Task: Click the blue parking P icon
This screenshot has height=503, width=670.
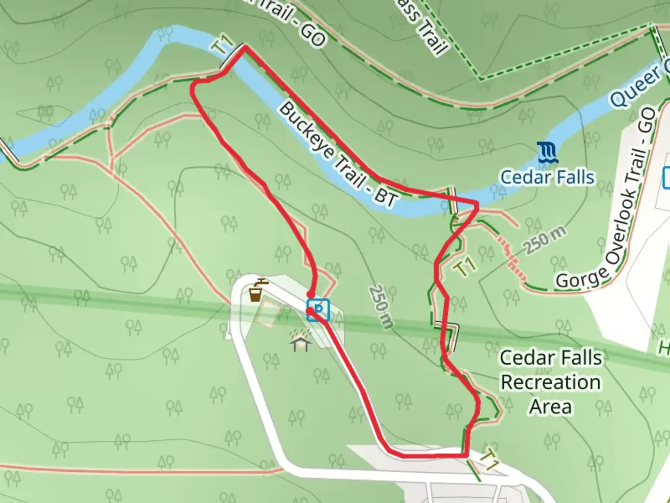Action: (x=318, y=310)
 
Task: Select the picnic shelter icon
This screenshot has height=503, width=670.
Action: (x=301, y=341)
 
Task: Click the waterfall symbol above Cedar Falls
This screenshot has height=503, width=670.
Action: (x=548, y=153)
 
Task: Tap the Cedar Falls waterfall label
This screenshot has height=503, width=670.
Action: (x=547, y=177)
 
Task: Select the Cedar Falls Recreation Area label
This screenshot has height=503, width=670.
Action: (x=551, y=382)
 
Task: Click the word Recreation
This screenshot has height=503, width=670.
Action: (x=551, y=382)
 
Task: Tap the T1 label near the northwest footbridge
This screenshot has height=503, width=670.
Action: (x=223, y=47)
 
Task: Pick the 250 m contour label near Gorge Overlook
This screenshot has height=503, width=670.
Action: (x=546, y=240)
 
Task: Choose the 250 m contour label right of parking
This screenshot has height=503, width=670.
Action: (x=381, y=306)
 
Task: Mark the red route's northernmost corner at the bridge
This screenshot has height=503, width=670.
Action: (x=244, y=47)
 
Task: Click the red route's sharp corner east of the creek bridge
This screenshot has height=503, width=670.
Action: (x=477, y=203)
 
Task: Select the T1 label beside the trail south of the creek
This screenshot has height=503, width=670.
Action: (x=465, y=267)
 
